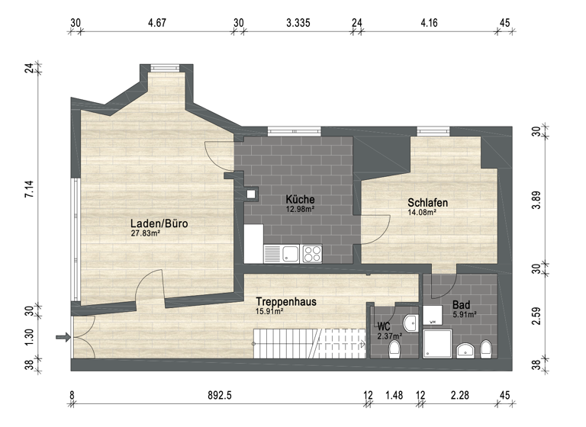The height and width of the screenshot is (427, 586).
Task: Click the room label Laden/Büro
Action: click(159, 224)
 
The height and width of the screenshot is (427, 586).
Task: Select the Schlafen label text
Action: click(427, 203)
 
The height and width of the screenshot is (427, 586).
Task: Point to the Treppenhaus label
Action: click(286, 301)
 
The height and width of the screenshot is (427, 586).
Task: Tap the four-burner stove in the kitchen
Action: click(311, 252)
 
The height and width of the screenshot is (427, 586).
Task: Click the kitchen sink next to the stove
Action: click(289, 252)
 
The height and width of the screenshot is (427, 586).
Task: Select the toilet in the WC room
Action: click(395, 349)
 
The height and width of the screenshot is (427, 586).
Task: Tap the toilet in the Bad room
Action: click(486, 350)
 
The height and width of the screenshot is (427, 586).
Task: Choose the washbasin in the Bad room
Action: click(464, 350)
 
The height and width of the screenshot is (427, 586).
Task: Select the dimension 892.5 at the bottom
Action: click(220, 394)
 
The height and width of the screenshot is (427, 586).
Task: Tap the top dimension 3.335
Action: click(298, 23)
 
